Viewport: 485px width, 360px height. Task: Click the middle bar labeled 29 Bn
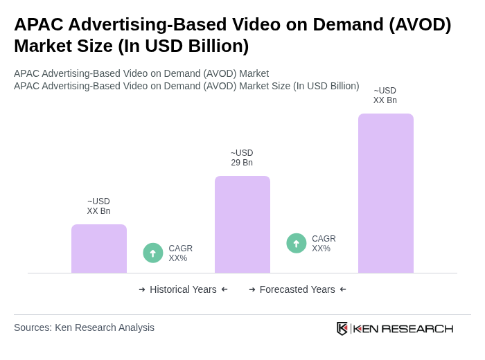pos(242,224)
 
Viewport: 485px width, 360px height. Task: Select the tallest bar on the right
pos(385,193)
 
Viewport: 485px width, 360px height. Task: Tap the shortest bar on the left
pos(98,249)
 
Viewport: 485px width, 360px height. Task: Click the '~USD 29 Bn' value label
pos(242,158)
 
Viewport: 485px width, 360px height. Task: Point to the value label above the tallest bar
pos(385,96)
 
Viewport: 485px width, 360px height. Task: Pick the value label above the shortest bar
pos(98,206)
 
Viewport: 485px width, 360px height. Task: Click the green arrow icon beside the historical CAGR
pos(153,253)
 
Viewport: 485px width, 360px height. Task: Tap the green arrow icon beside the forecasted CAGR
pos(297,243)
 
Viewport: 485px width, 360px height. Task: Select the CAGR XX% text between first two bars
pos(180,253)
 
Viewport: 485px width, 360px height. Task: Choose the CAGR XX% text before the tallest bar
pos(324,244)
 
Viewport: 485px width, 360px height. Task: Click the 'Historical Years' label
pos(183,289)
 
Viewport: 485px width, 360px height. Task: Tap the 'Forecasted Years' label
pos(297,289)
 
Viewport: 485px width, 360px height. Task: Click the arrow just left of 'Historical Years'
pos(142,289)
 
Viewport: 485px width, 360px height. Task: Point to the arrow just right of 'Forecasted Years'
pos(343,289)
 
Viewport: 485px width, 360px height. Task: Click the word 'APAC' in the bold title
pos(38,24)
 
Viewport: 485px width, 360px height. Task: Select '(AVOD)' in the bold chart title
pos(420,24)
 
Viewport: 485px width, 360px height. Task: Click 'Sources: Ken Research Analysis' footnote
pos(84,327)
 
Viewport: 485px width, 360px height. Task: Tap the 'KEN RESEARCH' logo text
pos(403,328)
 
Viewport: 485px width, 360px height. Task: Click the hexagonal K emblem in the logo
pos(342,328)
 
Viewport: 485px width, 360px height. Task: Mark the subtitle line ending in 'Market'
pos(141,73)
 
